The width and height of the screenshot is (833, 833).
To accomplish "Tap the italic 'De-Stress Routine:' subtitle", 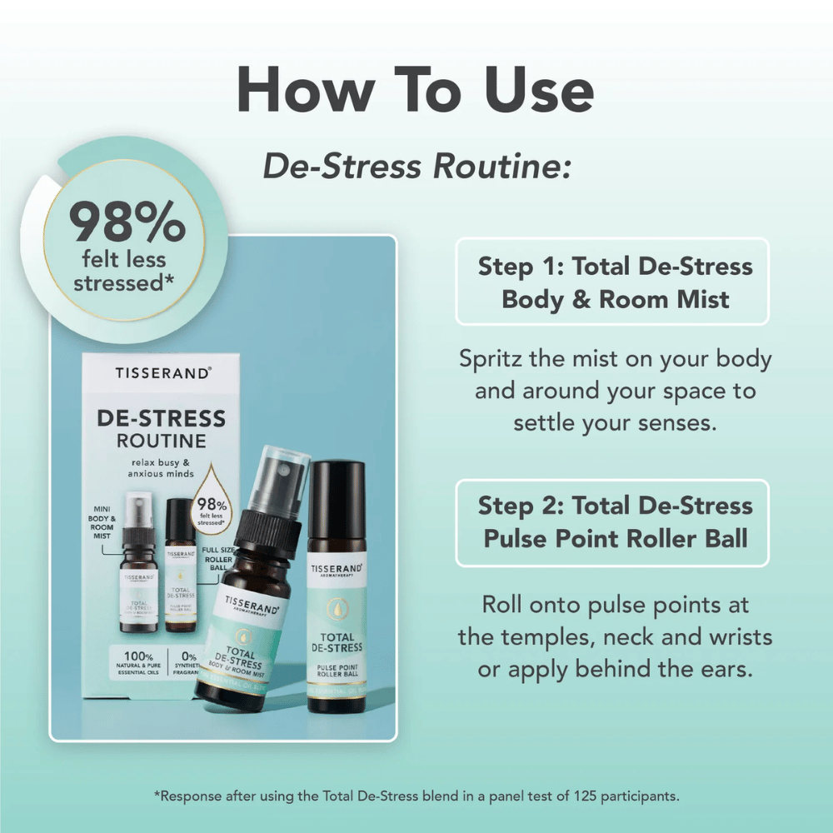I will pyautogui.click(x=417, y=166).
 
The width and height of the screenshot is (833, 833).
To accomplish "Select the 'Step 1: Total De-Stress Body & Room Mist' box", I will pyautogui.click(x=612, y=282).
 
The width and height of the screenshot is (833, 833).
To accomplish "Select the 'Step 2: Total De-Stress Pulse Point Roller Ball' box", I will pyautogui.click(x=612, y=521).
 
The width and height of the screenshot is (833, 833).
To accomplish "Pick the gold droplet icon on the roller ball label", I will pyautogui.click(x=337, y=609).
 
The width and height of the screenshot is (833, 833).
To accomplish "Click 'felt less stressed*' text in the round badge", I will pyautogui.click(x=123, y=272).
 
